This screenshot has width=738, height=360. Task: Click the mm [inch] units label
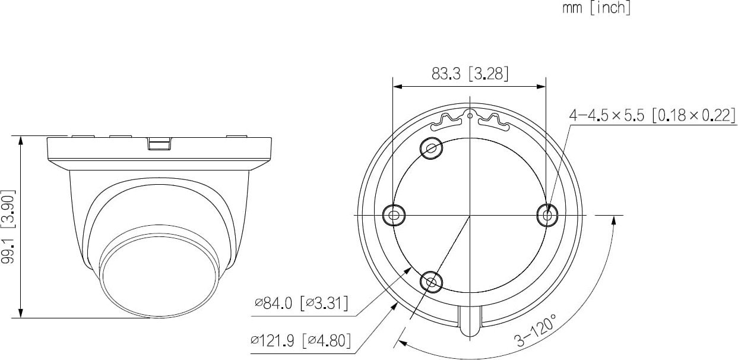click(596, 9)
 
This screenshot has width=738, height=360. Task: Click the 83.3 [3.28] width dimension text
click(470, 74)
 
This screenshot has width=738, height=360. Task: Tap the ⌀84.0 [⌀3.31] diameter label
click(302, 305)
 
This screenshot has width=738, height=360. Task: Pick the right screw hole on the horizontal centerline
click(546, 214)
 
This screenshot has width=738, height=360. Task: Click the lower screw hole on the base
click(432, 281)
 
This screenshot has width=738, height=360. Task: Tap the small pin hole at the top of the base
click(470, 115)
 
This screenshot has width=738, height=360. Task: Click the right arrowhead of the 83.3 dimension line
click(541, 87)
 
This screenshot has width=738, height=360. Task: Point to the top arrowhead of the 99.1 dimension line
click(22, 140)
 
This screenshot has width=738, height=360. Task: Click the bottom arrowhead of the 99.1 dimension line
click(22, 314)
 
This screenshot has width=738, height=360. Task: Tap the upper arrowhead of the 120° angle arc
click(614, 219)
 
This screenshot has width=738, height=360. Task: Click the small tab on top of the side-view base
click(159, 143)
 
